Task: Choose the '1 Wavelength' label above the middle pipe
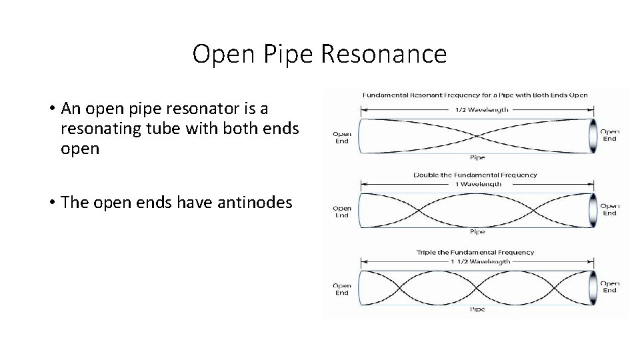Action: (x=477, y=184)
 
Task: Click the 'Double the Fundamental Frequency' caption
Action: (x=475, y=175)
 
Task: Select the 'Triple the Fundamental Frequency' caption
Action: (x=475, y=253)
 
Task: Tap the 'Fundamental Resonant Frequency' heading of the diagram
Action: (x=475, y=95)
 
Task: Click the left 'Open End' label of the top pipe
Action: (x=342, y=137)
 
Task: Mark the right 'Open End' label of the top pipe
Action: (x=610, y=135)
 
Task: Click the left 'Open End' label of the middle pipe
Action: (x=342, y=212)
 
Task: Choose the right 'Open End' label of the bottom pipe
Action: (x=610, y=287)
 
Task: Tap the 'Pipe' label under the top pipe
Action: (x=477, y=158)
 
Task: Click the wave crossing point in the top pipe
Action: (x=477, y=137)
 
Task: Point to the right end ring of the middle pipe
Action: (x=591, y=211)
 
